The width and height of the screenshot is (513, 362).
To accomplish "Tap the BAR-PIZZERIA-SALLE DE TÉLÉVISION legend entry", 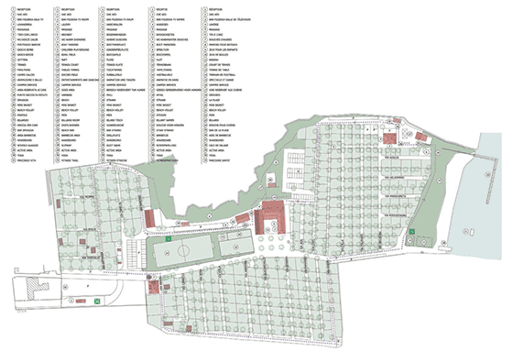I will [x=231, y=20].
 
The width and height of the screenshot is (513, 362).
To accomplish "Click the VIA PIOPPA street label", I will [x=86, y=197].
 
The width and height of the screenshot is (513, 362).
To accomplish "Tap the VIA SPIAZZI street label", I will [x=89, y=230].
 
